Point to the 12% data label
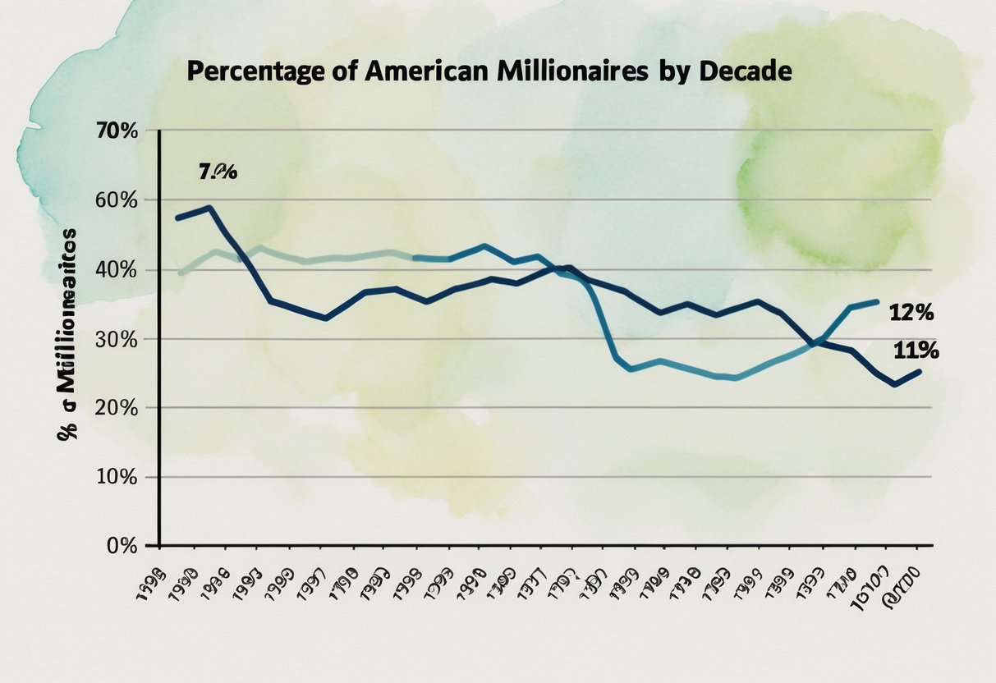tap(911, 313)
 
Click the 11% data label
tap(916, 351)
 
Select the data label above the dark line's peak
tap(217, 172)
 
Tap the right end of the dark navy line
tap(920, 372)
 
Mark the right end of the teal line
tap(877, 302)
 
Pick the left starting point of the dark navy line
tap(177, 218)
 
